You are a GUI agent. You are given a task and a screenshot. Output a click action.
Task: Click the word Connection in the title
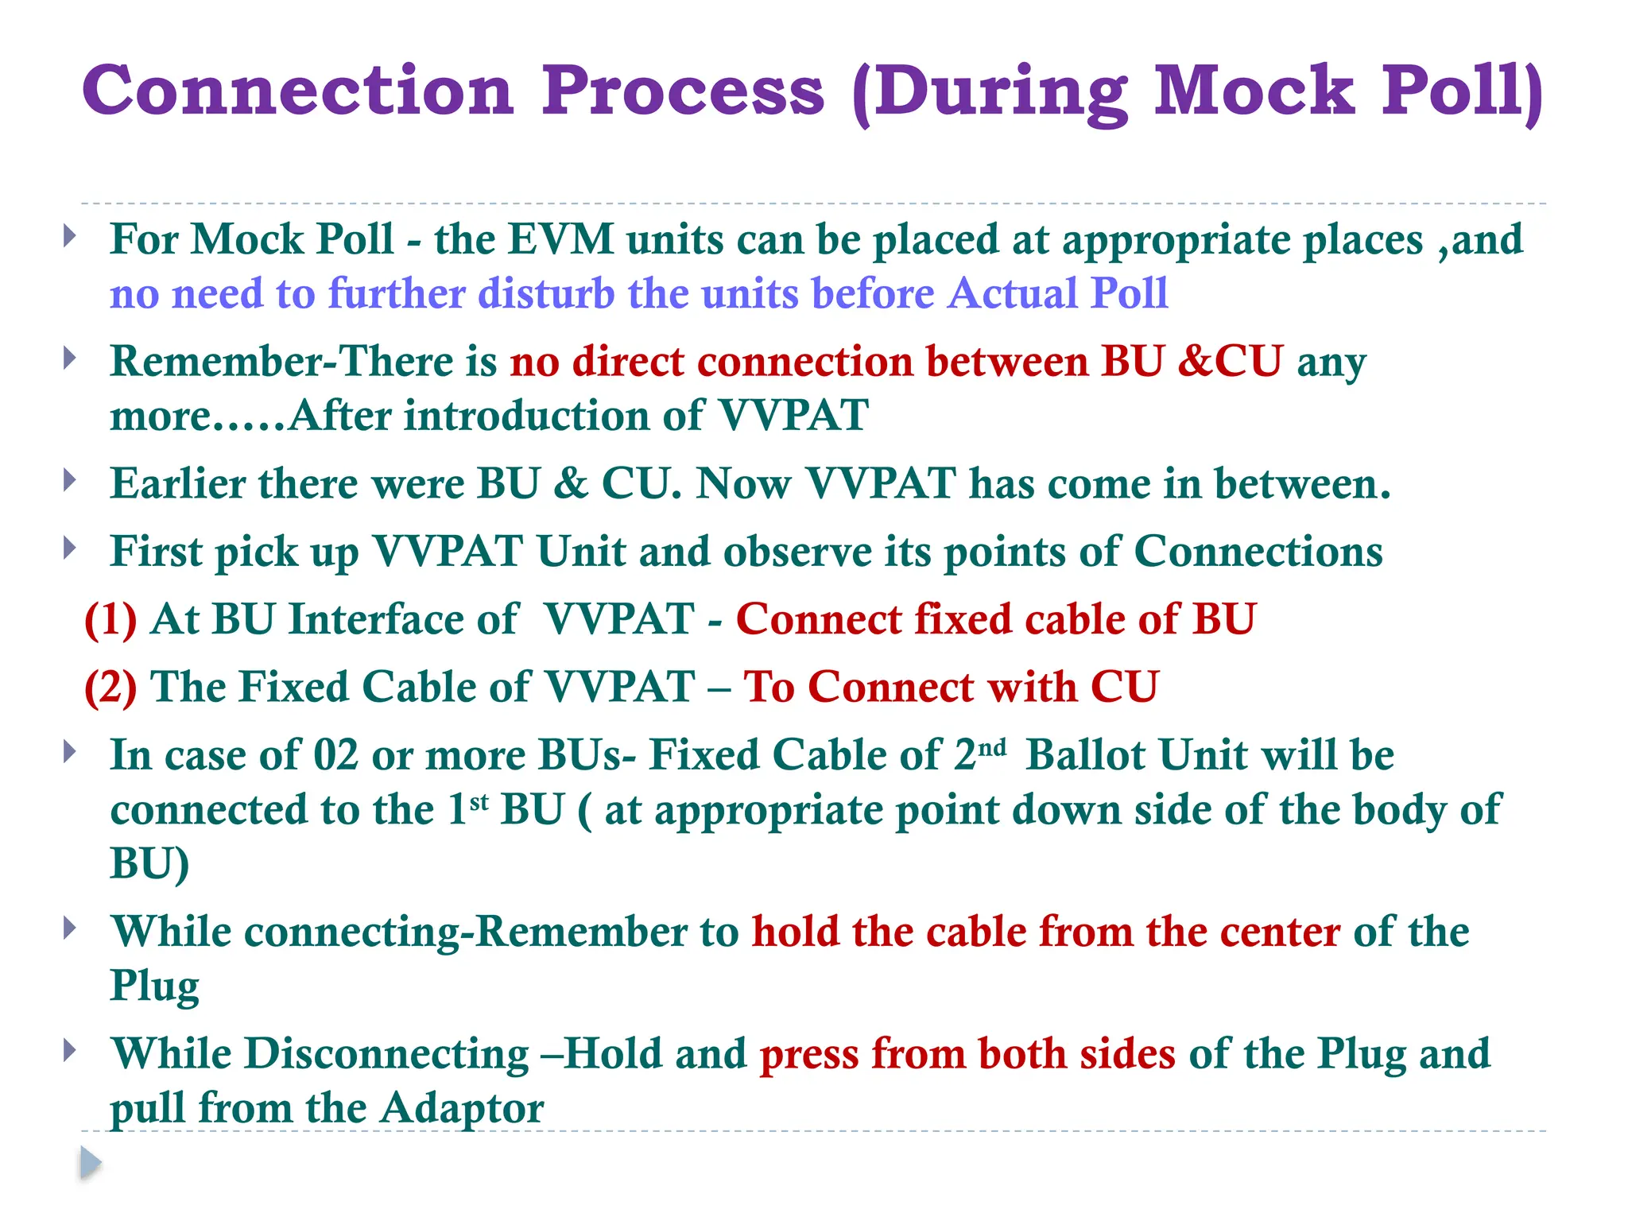pyautogui.click(x=298, y=91)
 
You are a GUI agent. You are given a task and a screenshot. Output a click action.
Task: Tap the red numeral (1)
pyautogui.click(x=110, y=619)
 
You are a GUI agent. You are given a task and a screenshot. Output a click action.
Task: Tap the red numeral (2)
pyautogui.click(x=110, y=687)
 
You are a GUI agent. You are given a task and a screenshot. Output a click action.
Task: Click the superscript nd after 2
pyautogui.click(x=991, y=747)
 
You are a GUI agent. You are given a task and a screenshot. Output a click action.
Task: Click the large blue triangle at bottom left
pyautogui.click(x=91, y=1163)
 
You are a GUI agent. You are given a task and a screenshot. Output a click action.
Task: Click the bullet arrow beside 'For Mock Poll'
pyautogui.click(x=70, y=235)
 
